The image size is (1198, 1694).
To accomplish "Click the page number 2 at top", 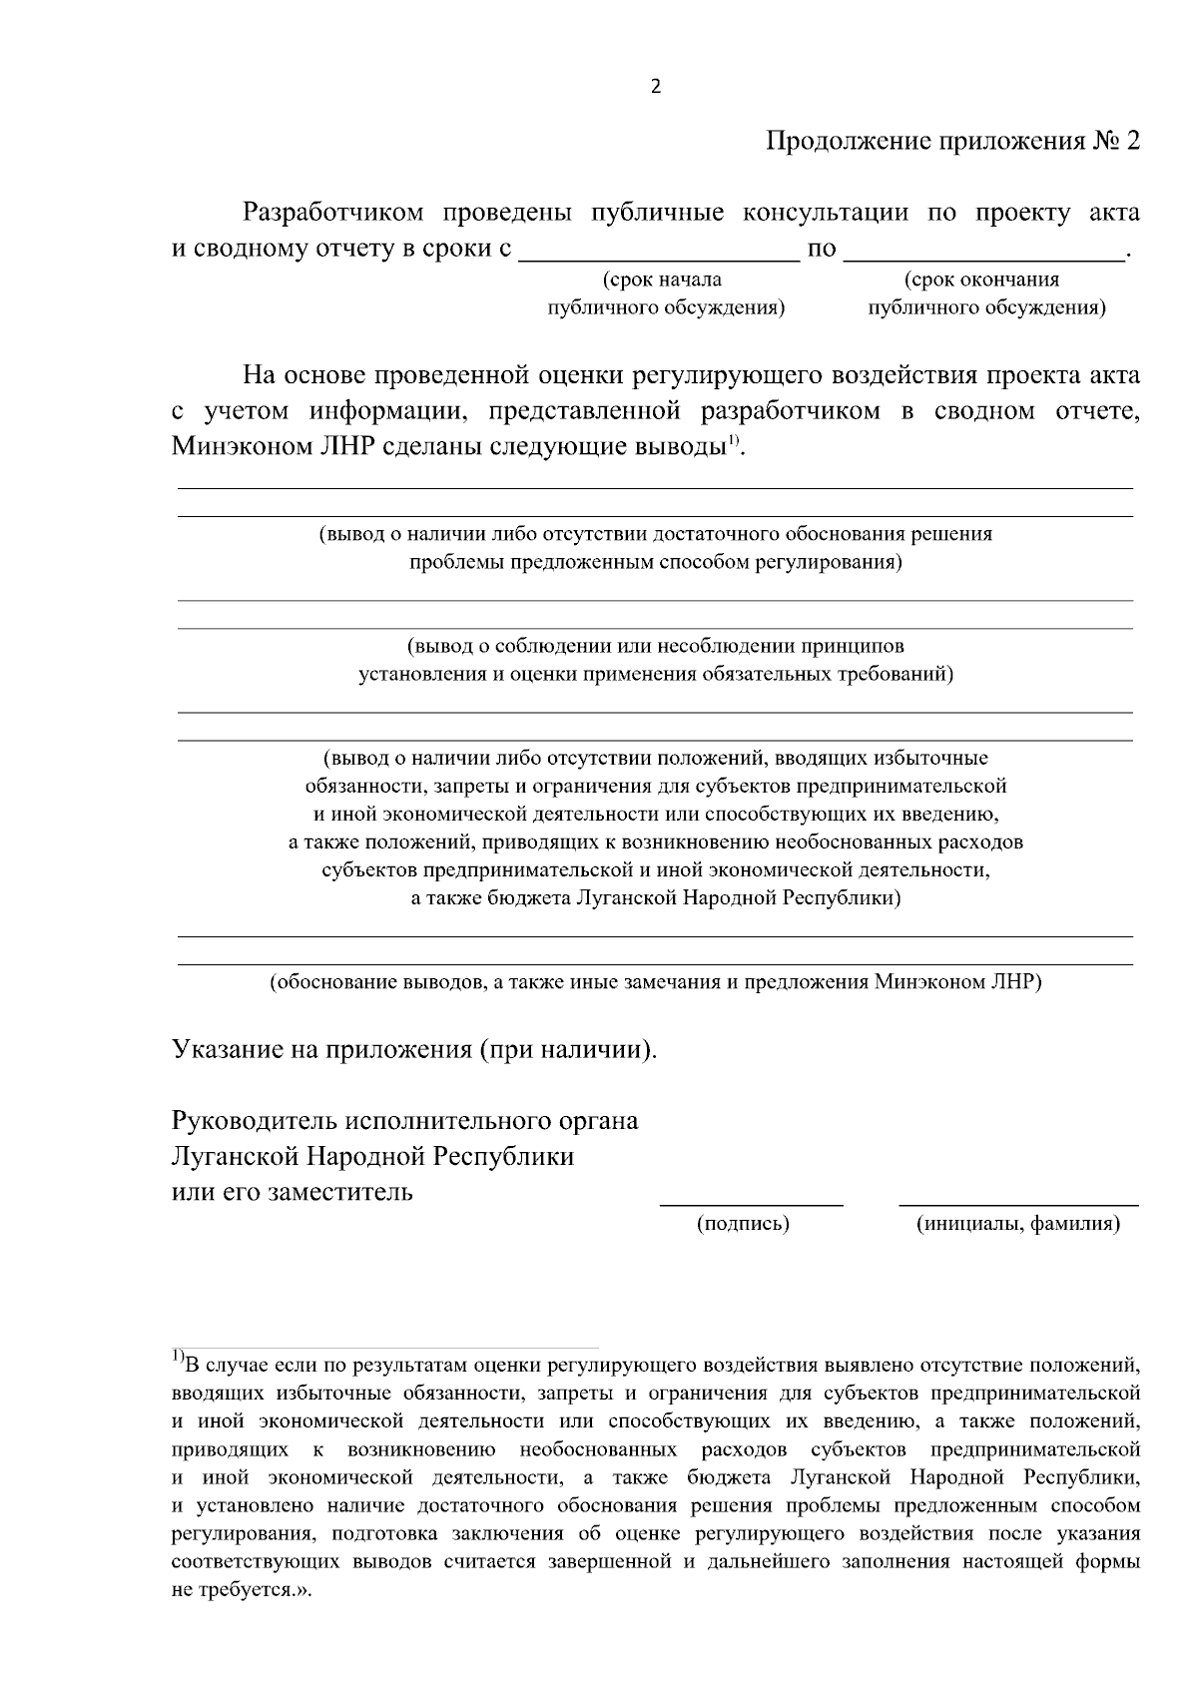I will (x=655, y=87).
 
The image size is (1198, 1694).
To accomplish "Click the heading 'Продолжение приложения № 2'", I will (x=951, y=141).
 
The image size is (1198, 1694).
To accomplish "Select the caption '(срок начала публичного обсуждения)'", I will (x=666, y=293).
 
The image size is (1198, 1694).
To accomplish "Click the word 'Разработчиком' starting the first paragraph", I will (x=333, y=213).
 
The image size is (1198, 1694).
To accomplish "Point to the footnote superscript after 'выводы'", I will (x=732, y=440).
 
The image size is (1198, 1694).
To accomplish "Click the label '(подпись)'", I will (x=743, y=1224).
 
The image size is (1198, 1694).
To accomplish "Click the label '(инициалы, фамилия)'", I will (x=1018, y=1224).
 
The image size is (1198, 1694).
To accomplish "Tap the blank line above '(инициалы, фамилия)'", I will (x=1018, y=1205).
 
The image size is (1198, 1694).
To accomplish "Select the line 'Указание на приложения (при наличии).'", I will (x=415, y=1050).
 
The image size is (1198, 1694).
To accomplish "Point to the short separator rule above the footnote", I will (x=384, y=1346).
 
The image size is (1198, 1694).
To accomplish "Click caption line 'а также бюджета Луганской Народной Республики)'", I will (x=655, y=897).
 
